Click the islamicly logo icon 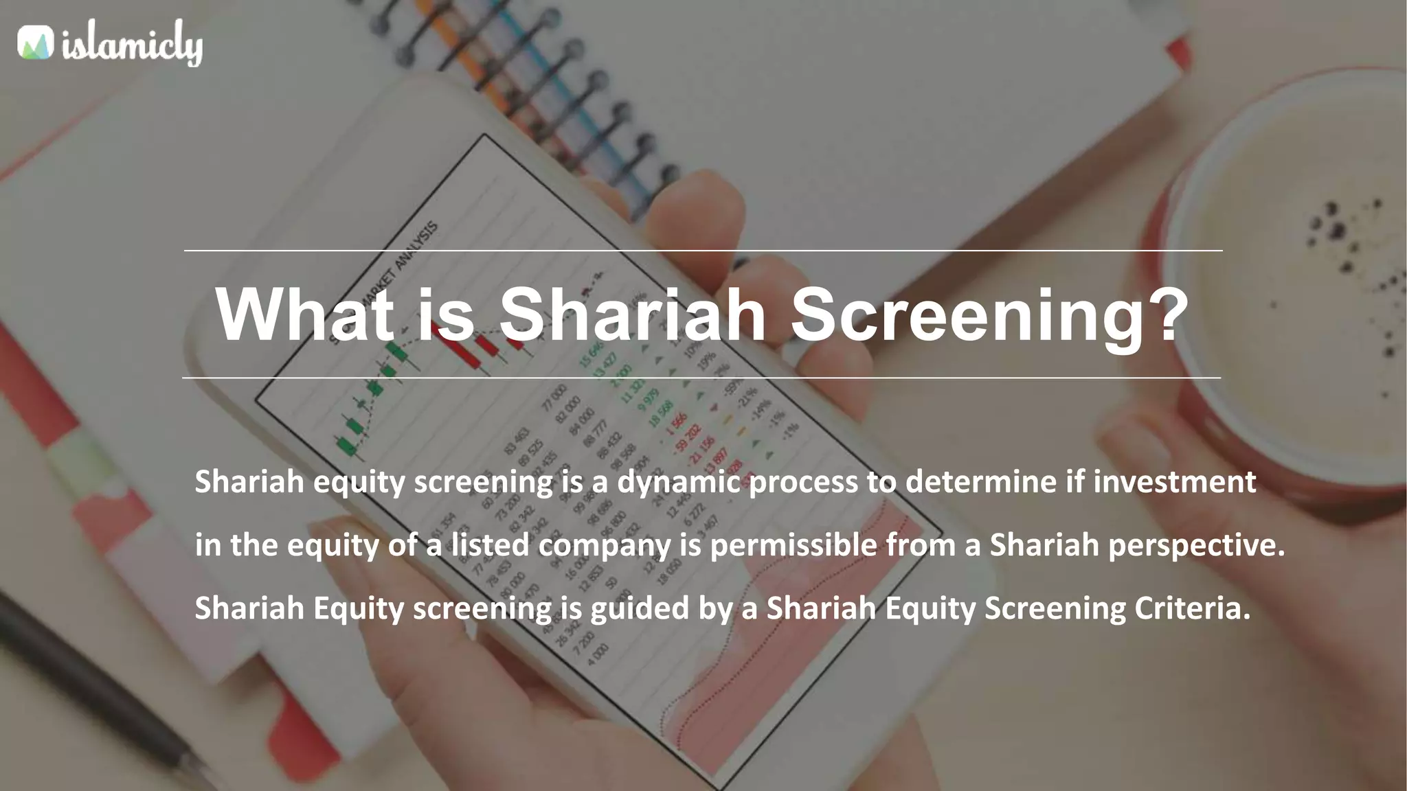click(35, 43)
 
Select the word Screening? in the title click(989, 315)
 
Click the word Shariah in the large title click(632, 314)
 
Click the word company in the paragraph click(604, 545)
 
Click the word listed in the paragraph click(490, 545)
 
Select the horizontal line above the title click(703, 251)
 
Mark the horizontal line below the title click(701, 378)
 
